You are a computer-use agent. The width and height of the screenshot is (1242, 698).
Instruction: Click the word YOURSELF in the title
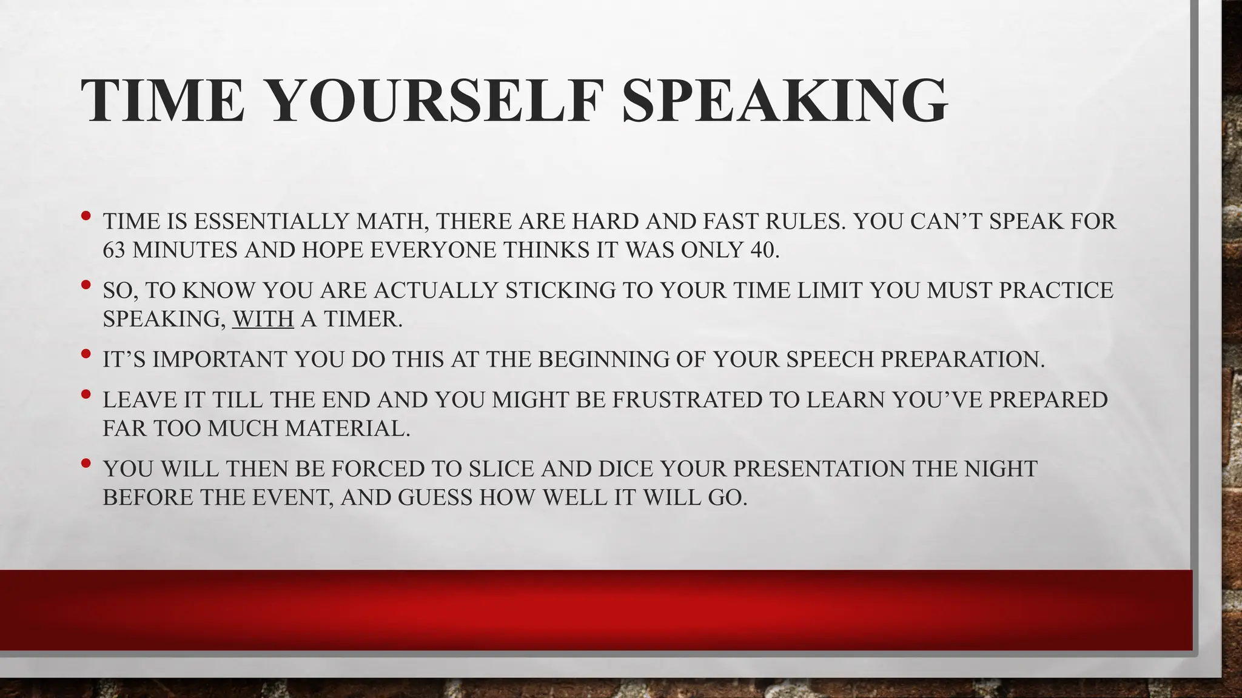point(435,101)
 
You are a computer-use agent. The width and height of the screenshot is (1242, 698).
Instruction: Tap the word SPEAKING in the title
point(784,101)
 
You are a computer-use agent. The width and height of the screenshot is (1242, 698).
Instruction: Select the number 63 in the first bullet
point(113,250)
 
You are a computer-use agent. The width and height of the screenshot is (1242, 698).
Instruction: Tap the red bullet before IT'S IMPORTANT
point(86,353)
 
